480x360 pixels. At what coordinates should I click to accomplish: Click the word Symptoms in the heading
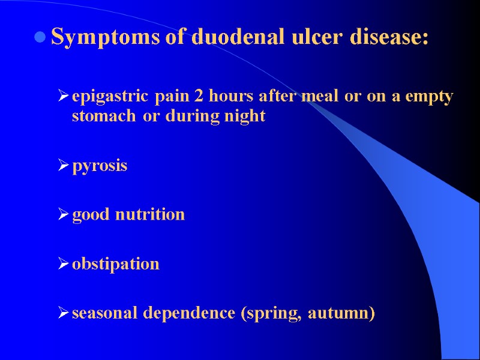[x=104, y=38]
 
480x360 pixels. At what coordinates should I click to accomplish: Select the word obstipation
[x=116, y=264]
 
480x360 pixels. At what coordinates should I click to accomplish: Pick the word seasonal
[x=100, y=313]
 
